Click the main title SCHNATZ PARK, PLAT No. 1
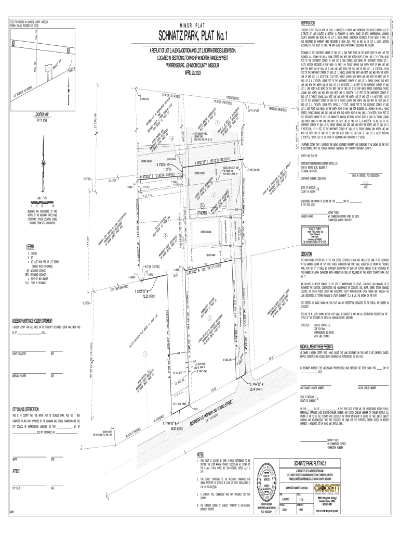coord(193,36)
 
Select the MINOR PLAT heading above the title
coord(193,25)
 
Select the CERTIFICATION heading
coord(308,23)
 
